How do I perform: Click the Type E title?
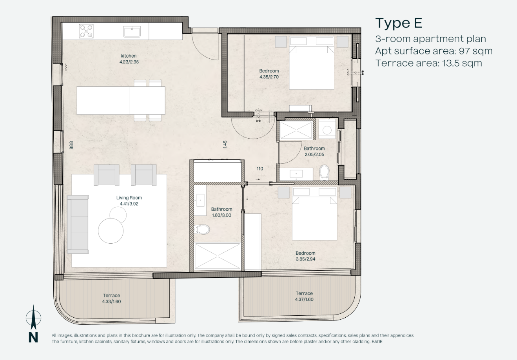(399, 23)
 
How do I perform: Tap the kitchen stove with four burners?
(86, 31)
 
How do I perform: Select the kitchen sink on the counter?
(132, 32)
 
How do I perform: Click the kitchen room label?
(129, 56)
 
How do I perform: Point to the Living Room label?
(129, 198)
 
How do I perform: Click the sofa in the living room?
(78, 224)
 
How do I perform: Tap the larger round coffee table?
(111, 231)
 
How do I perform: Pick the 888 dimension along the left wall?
(71, 145)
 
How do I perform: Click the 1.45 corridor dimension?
(225, 145)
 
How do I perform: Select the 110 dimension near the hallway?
(260, 169)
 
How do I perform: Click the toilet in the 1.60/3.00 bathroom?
(202, 230)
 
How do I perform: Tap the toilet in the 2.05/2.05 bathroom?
(324, 172)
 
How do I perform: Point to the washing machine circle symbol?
(327, 130)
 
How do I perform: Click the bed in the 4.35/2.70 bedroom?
(312, 63)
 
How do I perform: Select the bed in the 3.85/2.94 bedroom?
(314, 213)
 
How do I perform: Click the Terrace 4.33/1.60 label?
(111, 298)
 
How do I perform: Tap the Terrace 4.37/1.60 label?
(304, 297)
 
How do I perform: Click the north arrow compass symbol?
(33, 317)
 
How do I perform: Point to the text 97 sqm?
(475, 51)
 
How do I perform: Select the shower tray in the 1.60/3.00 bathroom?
(218, 256)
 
